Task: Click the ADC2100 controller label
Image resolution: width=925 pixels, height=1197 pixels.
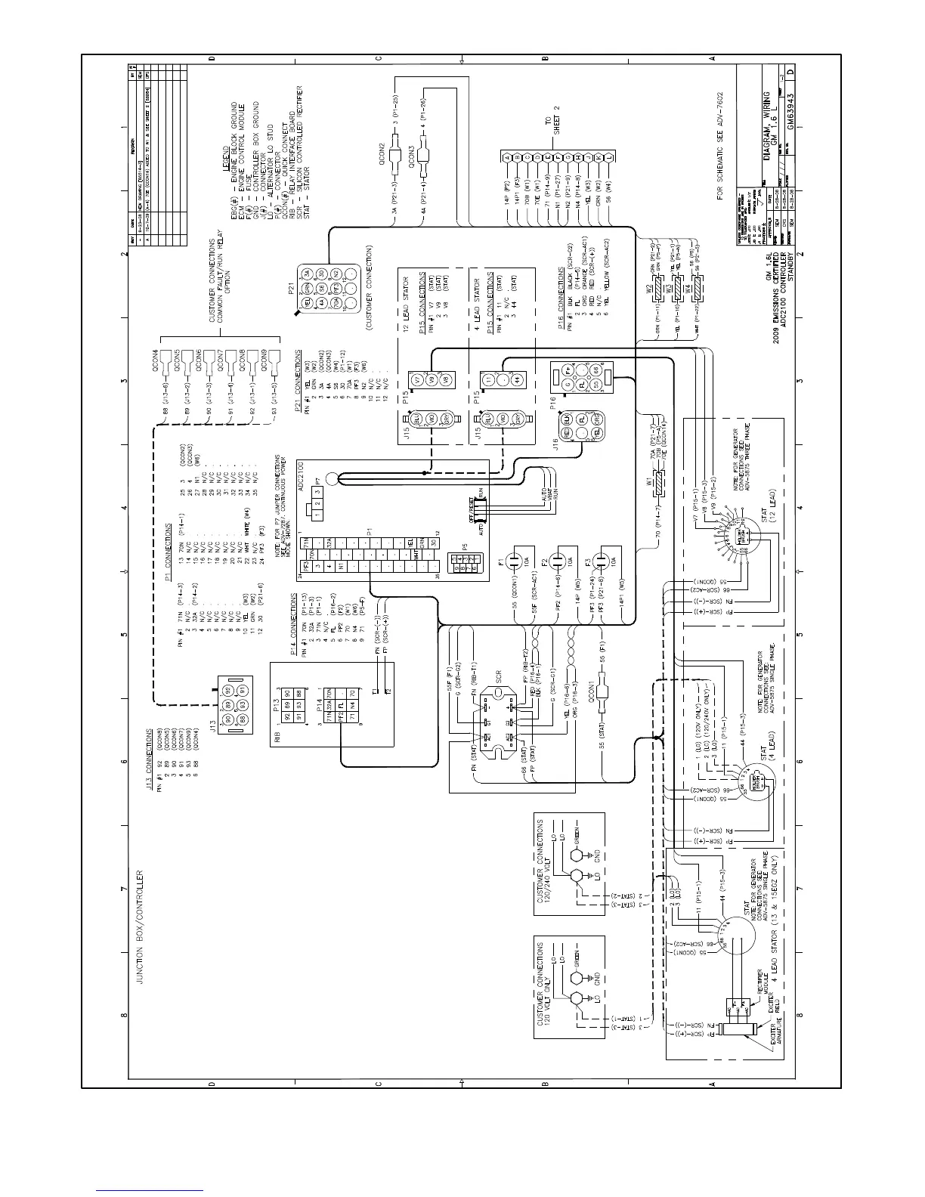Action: point(301,475)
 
